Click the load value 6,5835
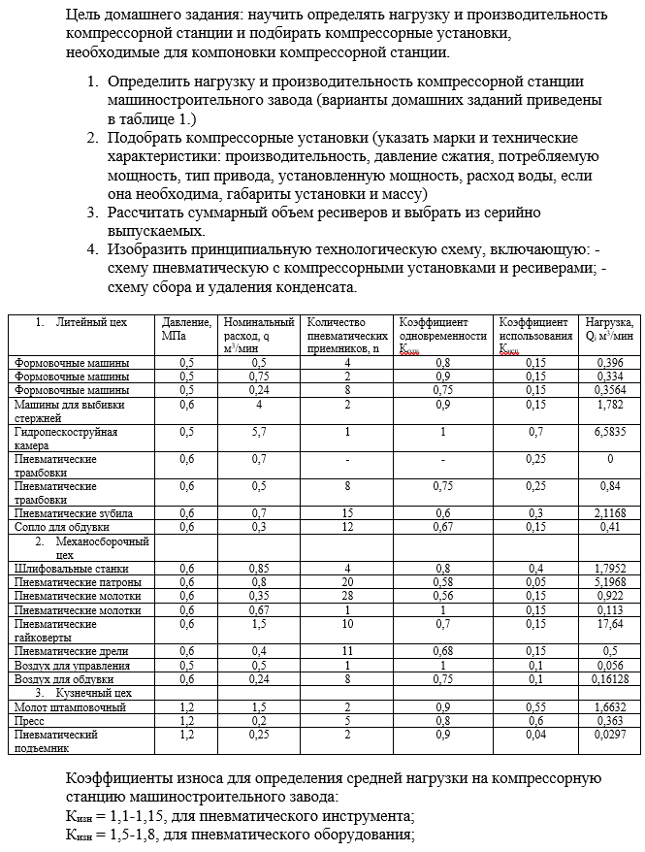(609, 431)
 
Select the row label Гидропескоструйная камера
(66, 438)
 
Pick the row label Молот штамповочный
(70, 707)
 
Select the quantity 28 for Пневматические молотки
(346, 595)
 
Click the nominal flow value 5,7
(258, 431)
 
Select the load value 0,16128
(609, 679)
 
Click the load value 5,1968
(609, 581)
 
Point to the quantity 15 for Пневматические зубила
(346, 512)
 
